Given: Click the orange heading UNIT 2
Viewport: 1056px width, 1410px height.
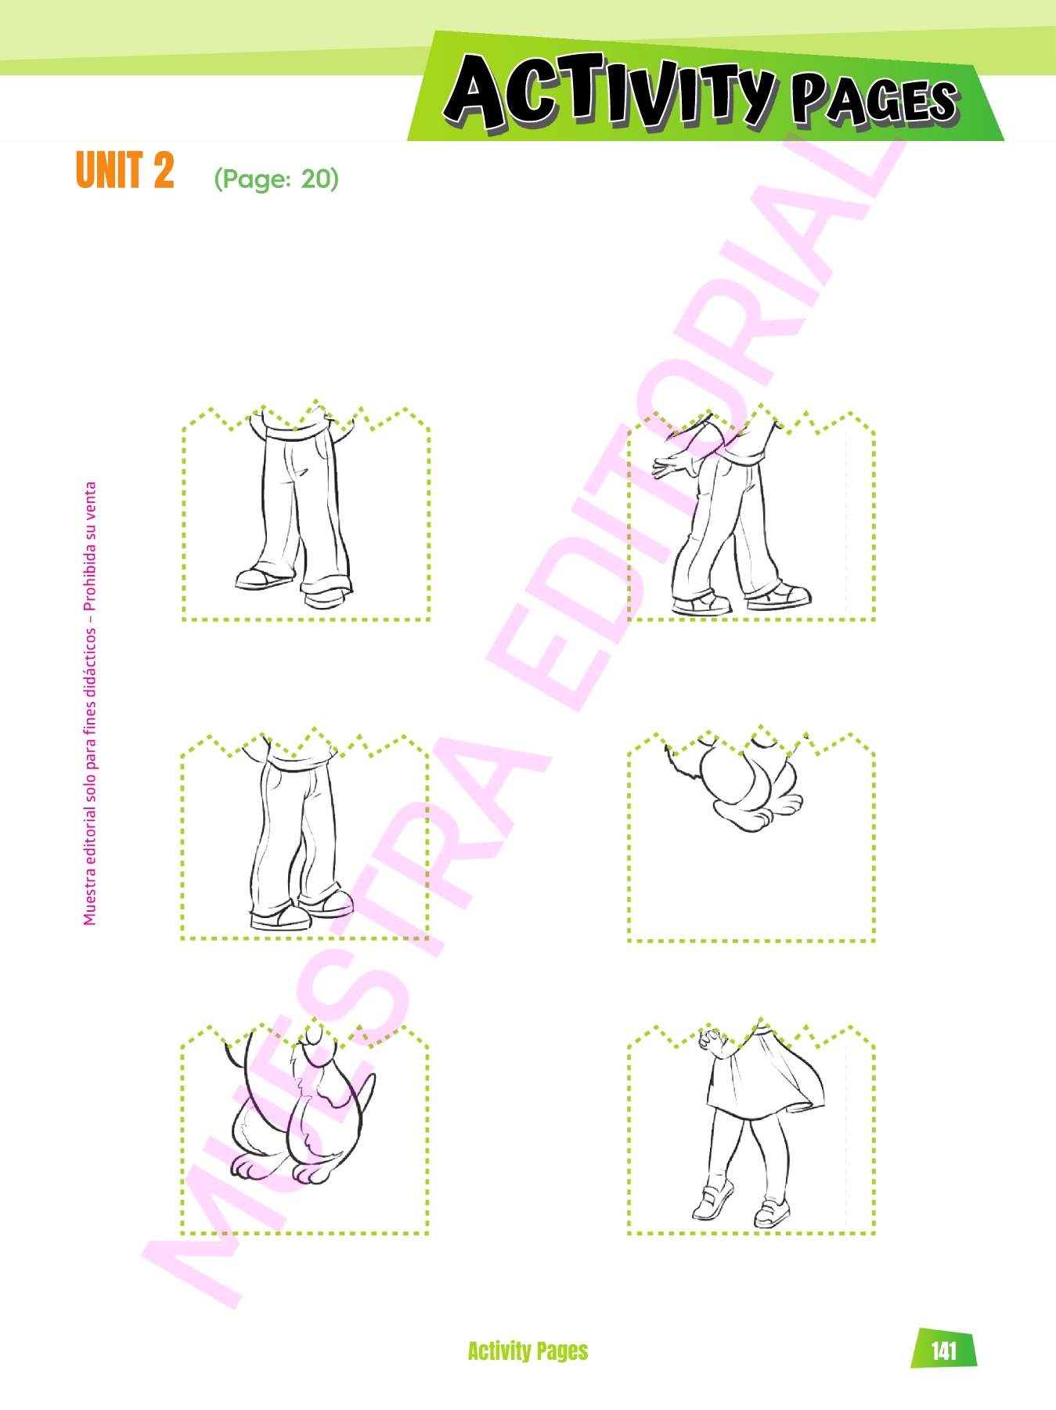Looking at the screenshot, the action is click(124, 170).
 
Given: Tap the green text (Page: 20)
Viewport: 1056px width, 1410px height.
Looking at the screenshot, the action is click(276, 179).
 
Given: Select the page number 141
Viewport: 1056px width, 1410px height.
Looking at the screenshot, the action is click(944, 1350).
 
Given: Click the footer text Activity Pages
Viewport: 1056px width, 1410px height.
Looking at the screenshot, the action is click(528, 1350).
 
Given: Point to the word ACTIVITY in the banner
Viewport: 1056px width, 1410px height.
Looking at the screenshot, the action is click(609, 92).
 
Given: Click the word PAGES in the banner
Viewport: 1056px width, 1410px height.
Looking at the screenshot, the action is click(874, 100).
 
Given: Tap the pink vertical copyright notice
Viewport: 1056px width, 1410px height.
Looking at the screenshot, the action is click(90, 703).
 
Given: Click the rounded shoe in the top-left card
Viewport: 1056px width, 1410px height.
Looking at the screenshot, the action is click(263, 579).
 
